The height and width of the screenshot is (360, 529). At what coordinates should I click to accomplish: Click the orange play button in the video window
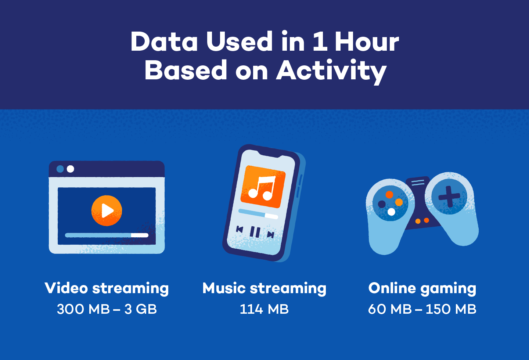pos(107,210)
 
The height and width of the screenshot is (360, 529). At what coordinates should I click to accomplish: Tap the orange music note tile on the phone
pos(263,187)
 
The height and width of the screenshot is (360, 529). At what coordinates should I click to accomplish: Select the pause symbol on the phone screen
pos(255,232)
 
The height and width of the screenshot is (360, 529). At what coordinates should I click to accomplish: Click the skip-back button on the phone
pos(240,230)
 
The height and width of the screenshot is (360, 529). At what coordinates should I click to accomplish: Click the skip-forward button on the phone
pos(271,234)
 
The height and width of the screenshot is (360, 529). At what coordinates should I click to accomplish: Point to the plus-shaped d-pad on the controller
pos(449,196)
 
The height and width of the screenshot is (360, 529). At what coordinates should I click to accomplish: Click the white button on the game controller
pos(391,212)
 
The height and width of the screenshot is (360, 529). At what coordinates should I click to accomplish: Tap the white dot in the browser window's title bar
pos(71,169)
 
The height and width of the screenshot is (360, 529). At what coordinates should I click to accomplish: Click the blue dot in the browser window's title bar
pos(60,169)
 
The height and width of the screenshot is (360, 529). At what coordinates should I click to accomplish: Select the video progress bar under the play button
pos(107,235)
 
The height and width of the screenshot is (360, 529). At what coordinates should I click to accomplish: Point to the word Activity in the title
pos(331,71)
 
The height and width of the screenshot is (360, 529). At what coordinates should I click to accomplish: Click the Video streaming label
pos(107,288)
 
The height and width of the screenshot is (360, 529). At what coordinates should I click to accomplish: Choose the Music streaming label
pos(264,288)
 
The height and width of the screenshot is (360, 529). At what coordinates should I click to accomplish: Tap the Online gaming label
pos(422,288)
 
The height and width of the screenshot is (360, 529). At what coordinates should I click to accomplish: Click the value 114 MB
pos(264,309)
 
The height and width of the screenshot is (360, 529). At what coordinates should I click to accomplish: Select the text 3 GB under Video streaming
pos(141,309)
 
